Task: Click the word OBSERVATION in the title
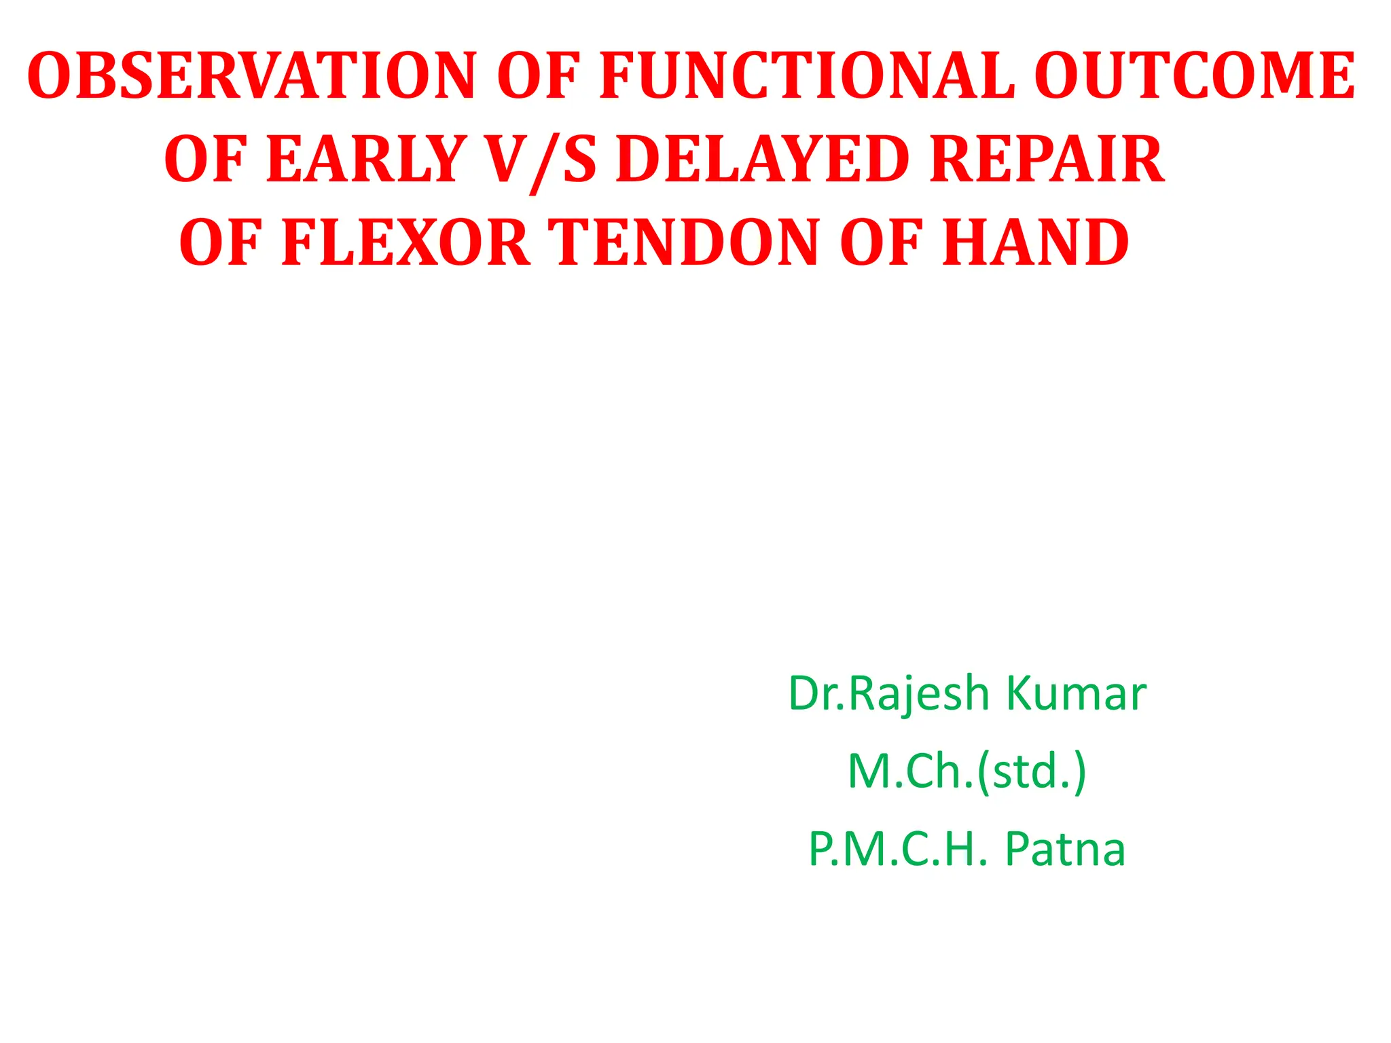point(251,76)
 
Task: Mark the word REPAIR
point(1047,160)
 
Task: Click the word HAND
point(1035,242)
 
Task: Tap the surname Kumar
point(1076,694)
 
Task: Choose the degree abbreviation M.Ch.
point(910,771)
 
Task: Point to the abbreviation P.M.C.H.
point(897,849)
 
